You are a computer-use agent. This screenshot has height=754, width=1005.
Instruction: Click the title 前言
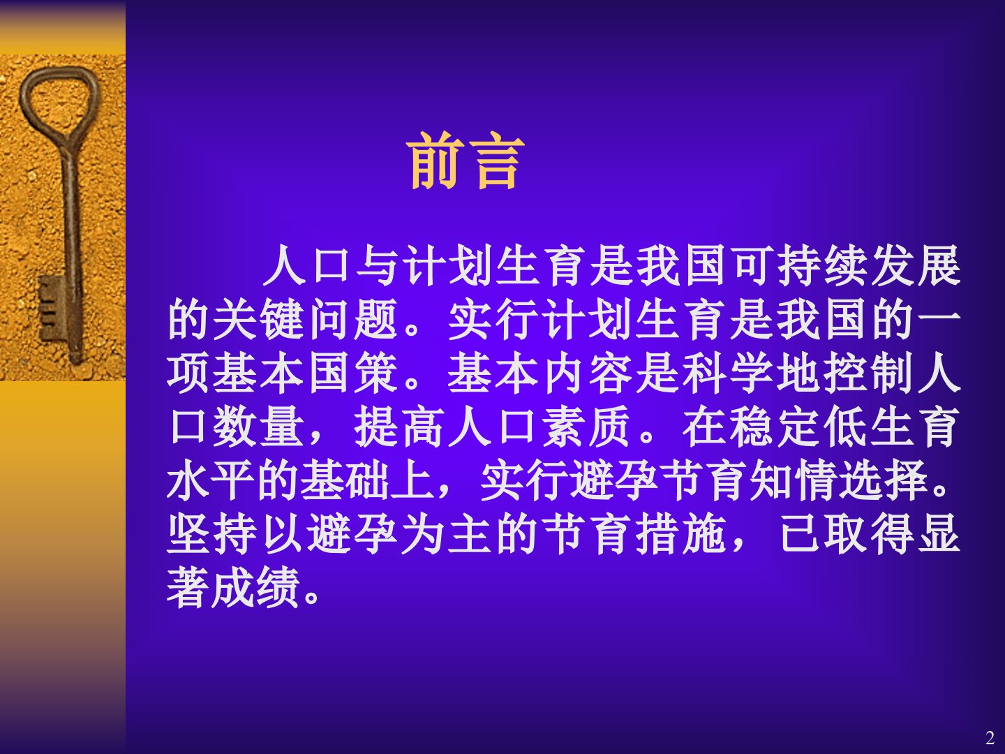[x=465, y=161]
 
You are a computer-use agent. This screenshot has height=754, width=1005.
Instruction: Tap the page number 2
[x=990, y=738]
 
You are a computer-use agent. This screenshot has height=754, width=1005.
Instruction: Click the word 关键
[x=259, y=320]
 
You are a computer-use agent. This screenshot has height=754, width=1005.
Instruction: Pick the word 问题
[x=352, y=320]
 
